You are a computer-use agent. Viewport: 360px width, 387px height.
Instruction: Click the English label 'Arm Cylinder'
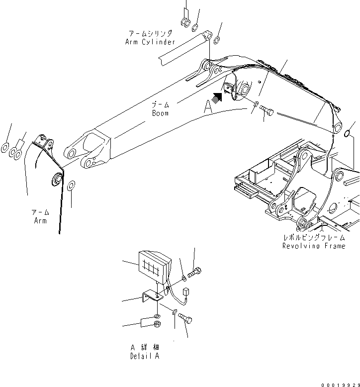(150, 42)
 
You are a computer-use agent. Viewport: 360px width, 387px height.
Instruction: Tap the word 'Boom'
(160, 113)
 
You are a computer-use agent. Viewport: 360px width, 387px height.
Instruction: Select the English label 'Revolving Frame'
(313, 246)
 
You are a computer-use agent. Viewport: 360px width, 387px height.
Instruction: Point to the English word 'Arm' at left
(40, 220)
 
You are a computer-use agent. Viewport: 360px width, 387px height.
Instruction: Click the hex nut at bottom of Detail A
(157, 325)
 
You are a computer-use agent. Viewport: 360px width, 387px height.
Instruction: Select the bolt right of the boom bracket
(266, 110)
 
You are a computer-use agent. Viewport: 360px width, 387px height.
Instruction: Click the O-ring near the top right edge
(349, 133)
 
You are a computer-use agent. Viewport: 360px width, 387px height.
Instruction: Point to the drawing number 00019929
(340, 384)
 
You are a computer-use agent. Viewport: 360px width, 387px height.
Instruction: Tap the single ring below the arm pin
(71, 186)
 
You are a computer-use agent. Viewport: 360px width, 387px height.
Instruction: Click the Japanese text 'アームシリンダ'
(150, 34)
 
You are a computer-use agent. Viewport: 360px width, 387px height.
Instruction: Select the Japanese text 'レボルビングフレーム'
(313, 238)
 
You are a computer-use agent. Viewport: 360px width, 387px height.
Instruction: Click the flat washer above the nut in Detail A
(157, 316)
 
